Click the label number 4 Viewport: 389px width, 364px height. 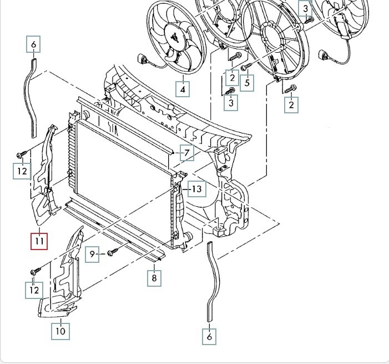click(x=183, y=89)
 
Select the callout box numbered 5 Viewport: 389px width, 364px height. click(x=247, y=83)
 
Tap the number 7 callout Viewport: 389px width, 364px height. click(x=187, y=153)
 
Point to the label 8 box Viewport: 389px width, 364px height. click(x=154, y=278)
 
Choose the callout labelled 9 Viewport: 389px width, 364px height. click(x=92, y=254)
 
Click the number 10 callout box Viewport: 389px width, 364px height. click(x=60, y=331)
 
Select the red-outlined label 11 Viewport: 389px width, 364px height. click(x=39, y=241)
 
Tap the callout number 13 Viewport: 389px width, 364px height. click(x=197, y=189)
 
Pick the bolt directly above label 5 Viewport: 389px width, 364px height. click(x=246, y=66)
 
